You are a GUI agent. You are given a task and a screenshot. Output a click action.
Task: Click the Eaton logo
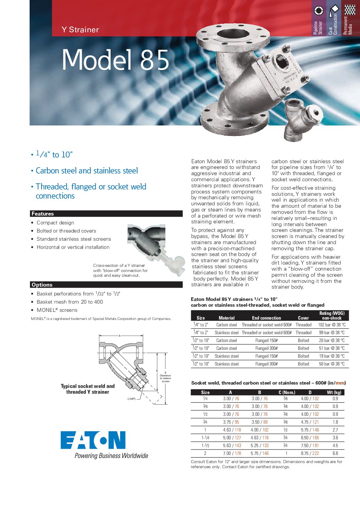click(x=93, y=440)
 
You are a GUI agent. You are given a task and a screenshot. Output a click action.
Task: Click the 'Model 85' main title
click(x=115, y=60)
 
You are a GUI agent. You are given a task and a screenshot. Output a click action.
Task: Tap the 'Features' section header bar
click(x=106, y=214)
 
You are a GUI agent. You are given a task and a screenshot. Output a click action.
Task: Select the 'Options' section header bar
click(x=106, y=285)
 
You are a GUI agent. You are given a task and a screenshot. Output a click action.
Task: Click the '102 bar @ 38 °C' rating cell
click(x=331, y=325)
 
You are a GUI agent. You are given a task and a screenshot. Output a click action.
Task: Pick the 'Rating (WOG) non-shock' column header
click(x=331, y=316)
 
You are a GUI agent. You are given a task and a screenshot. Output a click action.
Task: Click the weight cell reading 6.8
click(x=335, y=453)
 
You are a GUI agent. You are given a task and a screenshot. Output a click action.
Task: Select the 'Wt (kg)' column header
click(x=334, y=392)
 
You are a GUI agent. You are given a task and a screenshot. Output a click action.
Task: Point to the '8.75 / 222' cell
click(x=310, y=453)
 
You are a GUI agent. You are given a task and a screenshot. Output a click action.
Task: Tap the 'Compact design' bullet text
click(x=55, y=223)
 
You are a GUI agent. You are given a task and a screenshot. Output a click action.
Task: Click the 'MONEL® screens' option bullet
click(x=57, y=310)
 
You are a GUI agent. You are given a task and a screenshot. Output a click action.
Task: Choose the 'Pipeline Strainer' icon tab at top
click(x=318, y=19)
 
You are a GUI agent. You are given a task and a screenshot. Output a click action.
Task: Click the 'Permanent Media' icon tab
click(x=349, y=19)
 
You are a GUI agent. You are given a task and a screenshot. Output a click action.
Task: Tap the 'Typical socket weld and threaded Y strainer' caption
click(x=88, y=389)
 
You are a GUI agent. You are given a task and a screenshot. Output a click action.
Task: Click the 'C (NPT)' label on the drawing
click(x=131, y=399)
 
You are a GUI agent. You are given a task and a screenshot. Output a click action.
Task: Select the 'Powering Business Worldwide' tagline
click(x=111, y=456)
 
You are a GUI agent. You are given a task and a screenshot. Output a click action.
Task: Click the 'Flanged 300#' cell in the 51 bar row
click(x=266, y=348)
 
